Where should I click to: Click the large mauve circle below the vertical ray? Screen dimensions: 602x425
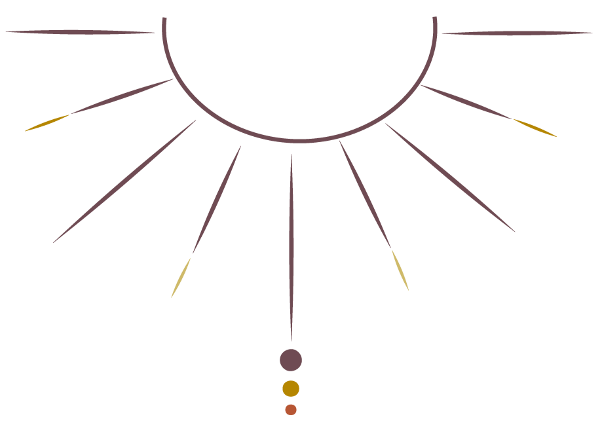[291, 360]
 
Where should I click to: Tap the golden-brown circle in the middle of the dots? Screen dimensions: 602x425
[291, 388]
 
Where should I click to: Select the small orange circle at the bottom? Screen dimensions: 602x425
[291, 409]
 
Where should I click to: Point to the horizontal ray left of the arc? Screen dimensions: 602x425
[79, 31]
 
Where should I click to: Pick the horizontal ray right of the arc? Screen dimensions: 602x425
[517, 32]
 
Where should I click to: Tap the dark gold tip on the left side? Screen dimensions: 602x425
[47, 122]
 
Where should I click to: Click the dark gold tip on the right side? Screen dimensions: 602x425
[535, 127]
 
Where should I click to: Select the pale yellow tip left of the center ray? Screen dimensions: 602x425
[181, 278]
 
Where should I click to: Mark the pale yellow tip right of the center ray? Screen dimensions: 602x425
[400, 270]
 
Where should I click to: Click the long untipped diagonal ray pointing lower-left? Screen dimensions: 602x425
[124, 181]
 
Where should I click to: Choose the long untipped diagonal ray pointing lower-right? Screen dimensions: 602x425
[450, 177]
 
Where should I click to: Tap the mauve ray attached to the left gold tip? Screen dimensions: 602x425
[122, 96]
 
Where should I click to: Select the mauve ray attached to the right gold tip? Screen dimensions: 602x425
[466, 102]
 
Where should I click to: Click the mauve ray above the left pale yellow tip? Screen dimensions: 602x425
[217, 200]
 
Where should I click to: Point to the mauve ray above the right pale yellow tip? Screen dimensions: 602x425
[365, 194]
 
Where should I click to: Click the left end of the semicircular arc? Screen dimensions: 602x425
[164, 19]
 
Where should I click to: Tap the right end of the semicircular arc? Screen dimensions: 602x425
[435, 19]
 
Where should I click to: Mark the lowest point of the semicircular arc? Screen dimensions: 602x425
[299, 141]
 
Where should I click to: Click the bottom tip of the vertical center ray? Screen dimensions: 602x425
[292, 340]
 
